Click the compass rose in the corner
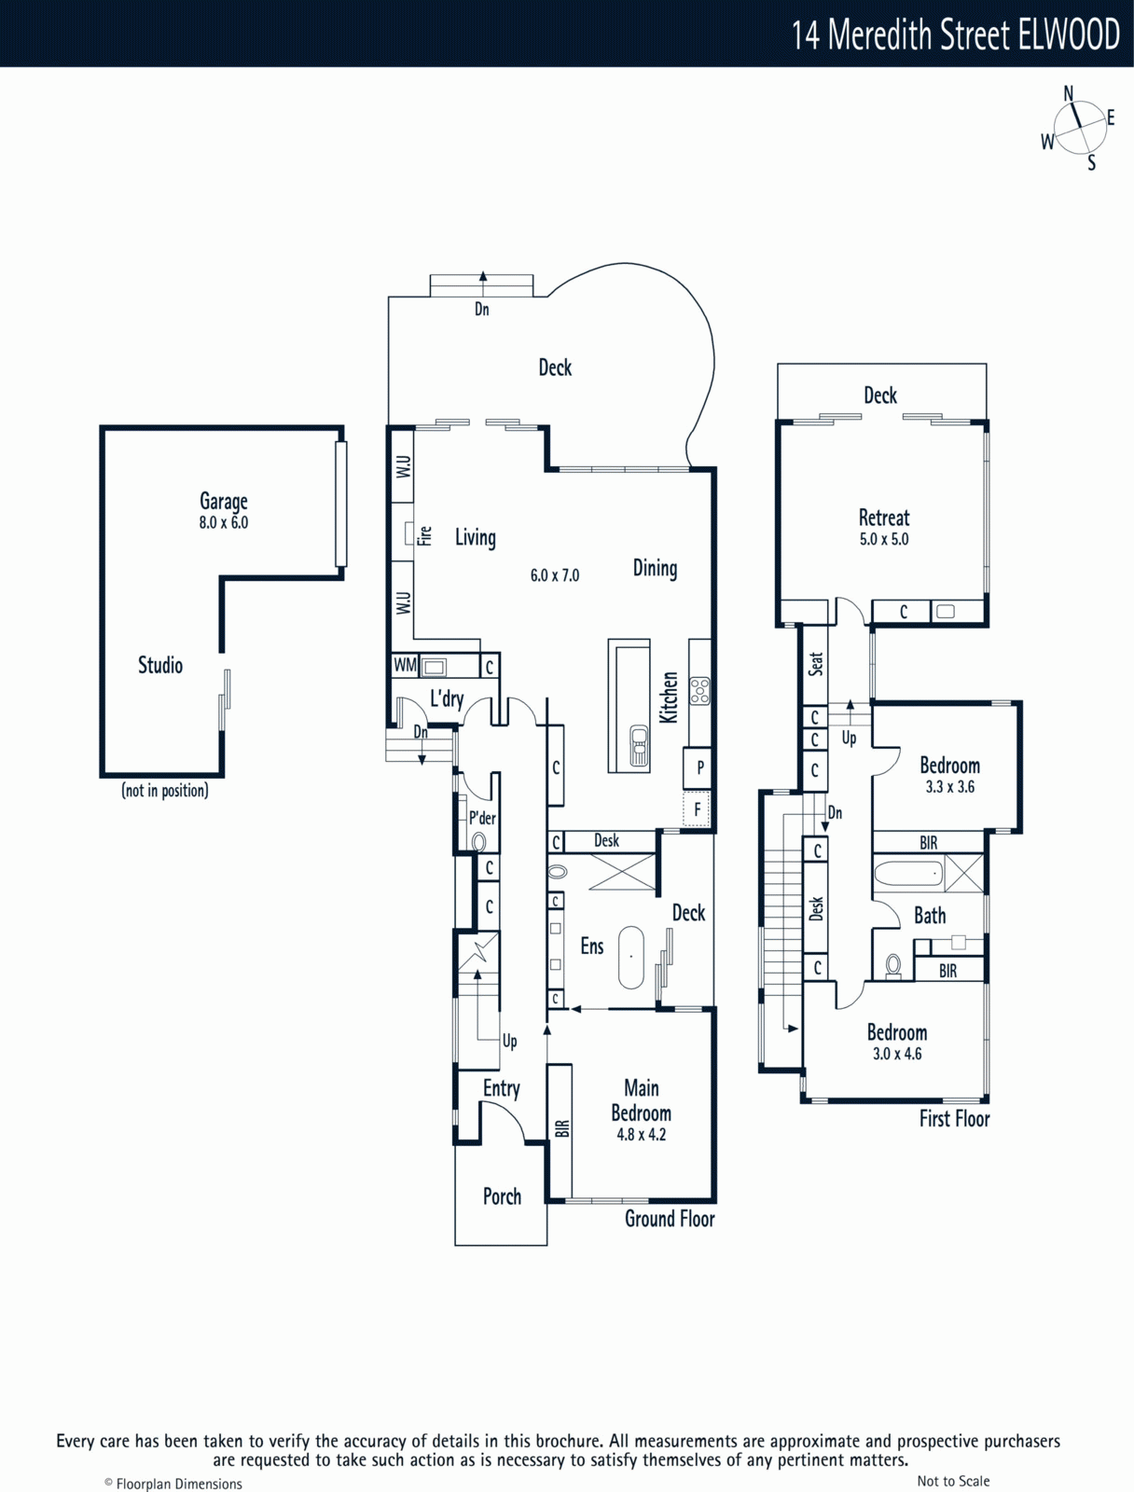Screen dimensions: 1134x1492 coord(1079,127)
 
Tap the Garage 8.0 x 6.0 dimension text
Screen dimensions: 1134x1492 coord(224,523)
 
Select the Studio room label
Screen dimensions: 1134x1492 coord(160,665)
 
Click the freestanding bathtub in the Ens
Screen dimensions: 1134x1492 coord(631,957)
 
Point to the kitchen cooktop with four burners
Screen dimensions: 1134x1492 coord(699,691)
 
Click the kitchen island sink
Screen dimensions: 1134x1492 coord(640,746)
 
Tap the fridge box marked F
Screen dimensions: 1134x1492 coord(697,808)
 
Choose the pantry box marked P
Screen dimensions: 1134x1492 coord(699,768)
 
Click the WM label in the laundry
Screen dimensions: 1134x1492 coord(405,665)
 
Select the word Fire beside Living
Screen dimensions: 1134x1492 coord(424,536)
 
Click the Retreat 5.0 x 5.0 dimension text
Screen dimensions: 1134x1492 coord(884,539)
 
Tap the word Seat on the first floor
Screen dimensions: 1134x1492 coord(816,663)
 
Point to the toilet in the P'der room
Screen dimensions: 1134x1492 coord(479,843)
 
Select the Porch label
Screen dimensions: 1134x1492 coord(502,1196)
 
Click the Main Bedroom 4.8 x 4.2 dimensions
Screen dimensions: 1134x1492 coord(642,1135)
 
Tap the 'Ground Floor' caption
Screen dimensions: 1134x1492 coord(670,1219)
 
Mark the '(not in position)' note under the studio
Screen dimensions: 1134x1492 coord(165,791)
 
